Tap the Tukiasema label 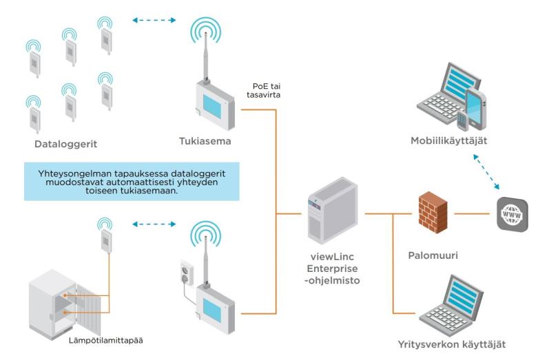(205, 142)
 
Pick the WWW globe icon (512, 214)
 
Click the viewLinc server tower (333, 209)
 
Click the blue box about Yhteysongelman (132, 181)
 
